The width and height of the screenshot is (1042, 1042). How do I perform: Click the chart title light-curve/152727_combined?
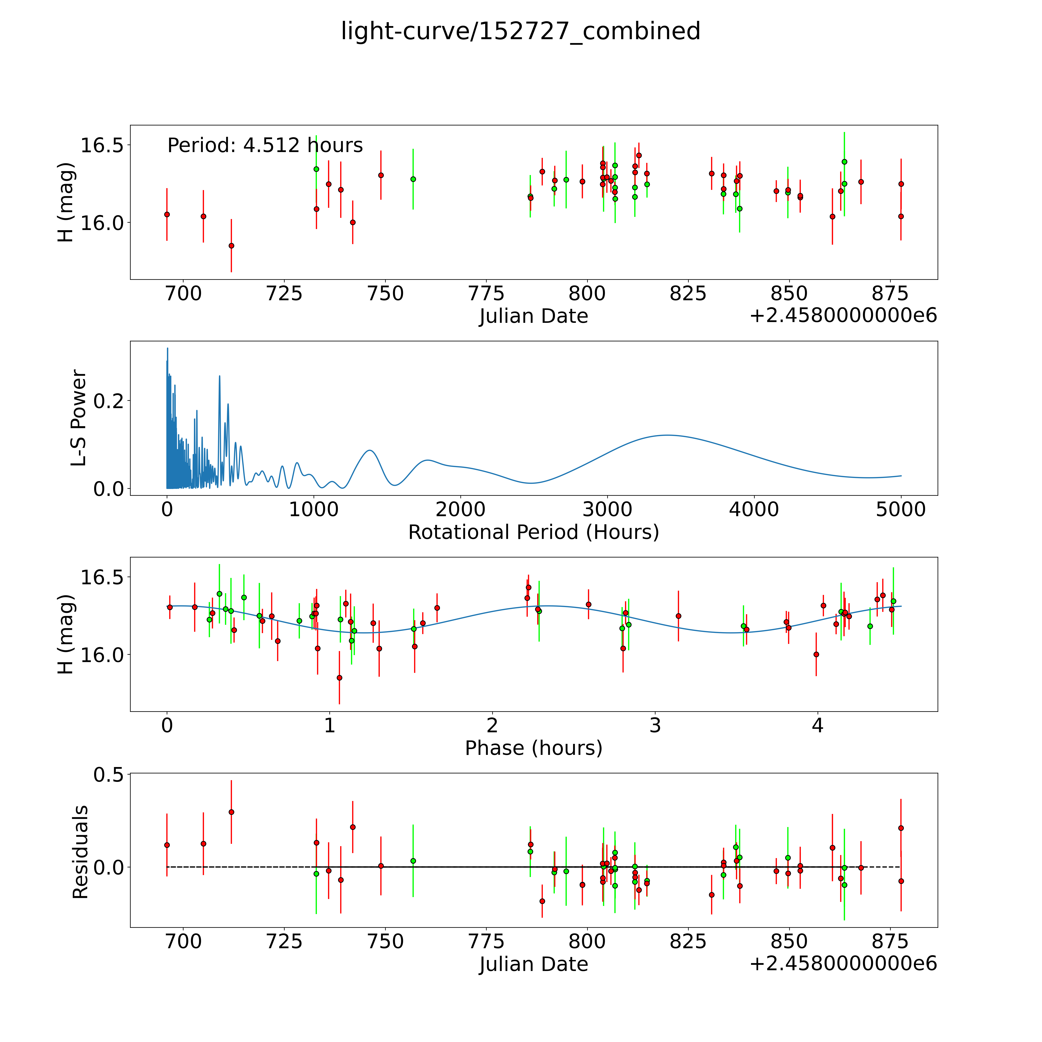(x=520, y=31)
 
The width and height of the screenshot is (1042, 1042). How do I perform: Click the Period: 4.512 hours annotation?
(x=265, y=146)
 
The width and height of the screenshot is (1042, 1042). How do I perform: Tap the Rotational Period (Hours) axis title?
(x=533, y=532)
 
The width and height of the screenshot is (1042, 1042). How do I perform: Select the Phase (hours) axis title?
(x=533, y=748)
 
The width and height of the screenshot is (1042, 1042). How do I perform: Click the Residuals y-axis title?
(x=80, y=852)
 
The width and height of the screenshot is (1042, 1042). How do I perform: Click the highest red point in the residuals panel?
(x=231, y=812)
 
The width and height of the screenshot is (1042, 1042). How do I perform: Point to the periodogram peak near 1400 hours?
(x=370, y=450)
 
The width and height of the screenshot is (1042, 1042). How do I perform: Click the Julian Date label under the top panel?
(x=533, y=316)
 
